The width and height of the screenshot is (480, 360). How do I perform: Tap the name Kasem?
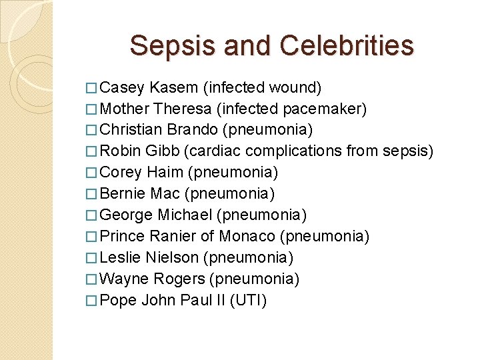tap(174, 87)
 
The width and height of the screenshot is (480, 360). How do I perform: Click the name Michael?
tap(186, 215)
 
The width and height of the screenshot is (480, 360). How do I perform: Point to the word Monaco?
tap(250, 237)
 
